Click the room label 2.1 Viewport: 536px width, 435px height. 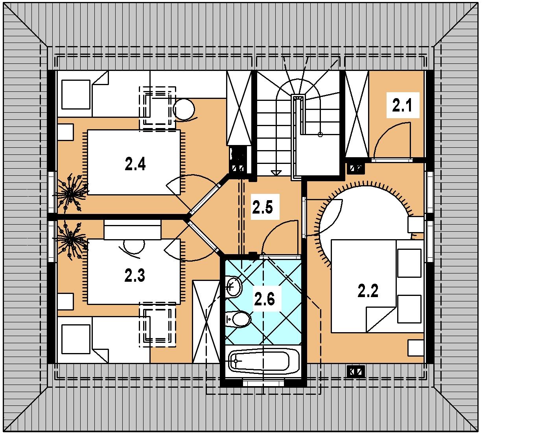[x=402, y=105]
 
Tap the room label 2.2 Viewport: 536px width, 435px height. [x=368, y=290]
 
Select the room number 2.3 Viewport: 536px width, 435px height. [x=134, y=275]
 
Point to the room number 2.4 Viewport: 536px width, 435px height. [x=135, y=164]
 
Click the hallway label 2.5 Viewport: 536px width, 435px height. [x=262, y=207]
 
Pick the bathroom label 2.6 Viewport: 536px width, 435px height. [x=264, y=299]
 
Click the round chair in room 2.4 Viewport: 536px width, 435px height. [x=184, y=110]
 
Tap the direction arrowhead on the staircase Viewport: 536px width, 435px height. [x=276, y=173]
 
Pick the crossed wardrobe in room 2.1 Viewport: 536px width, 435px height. [x=357, y=114]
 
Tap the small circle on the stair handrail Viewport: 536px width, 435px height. [x=320, y=134]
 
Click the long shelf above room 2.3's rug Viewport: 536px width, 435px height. [x=133, y=229]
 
